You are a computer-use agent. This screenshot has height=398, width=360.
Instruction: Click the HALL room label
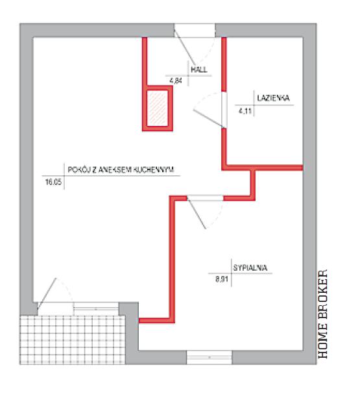(199, 69)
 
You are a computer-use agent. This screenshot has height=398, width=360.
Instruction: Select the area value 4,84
(176, 81)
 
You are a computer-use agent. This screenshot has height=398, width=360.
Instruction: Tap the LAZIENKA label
(273, 98)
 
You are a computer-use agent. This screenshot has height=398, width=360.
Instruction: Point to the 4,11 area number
(245, 111)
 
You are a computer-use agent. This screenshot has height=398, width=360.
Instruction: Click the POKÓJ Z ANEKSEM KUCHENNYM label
(121, 170)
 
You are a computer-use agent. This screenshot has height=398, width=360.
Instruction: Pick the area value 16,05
(53, 182)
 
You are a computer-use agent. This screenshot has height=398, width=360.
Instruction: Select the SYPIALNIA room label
(250, 267)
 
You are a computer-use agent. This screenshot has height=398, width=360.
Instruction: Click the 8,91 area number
(222, 279)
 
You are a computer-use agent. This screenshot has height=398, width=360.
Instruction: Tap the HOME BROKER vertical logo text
(323, 314)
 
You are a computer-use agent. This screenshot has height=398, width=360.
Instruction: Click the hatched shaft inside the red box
(158, 108)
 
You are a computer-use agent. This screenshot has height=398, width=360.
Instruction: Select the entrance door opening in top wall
(195, 31)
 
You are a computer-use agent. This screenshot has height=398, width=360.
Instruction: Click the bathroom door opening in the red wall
(224, 110)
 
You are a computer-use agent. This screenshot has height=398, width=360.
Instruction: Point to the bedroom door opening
(205, 198)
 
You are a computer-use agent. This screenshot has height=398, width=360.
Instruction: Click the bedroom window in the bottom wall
(210, 357)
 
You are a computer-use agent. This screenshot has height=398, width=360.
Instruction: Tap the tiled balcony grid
(73, 340)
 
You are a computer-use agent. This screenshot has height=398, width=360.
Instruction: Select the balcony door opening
(56, 308)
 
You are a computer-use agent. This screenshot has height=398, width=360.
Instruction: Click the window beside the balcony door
(96, 308)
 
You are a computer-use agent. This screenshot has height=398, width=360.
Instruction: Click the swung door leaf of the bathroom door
(209, 119)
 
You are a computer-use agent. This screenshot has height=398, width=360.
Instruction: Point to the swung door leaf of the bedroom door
(197, 214)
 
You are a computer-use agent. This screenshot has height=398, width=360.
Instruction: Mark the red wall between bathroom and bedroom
(263, 168)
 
